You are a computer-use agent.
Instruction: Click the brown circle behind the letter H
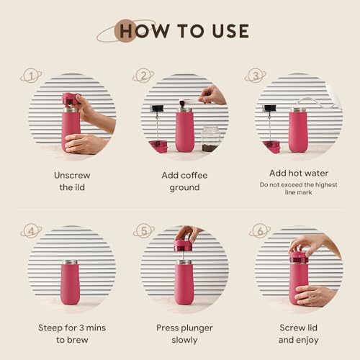tap(125, 31)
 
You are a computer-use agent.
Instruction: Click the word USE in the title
tap(230, 31)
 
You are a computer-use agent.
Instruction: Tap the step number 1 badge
tap(31, 76)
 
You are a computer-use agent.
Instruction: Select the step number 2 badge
tap(143, 76)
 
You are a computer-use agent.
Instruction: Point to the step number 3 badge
tap(256, 76)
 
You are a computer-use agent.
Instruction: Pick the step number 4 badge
tap(31, 231)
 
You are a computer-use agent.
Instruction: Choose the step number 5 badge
tap(144, 231)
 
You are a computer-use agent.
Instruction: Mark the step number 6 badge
tap(260, 231)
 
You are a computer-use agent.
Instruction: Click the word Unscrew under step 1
tap(72, 175)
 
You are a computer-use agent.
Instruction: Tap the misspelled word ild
tap(78, 187)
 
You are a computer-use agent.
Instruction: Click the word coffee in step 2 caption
tap(194, 175)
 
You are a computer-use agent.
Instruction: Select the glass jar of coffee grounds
tap(211, 139)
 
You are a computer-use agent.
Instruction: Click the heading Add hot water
tap(299, 173)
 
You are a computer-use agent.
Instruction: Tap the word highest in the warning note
tap(326, 185)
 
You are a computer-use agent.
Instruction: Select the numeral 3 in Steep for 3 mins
tap(81, 328)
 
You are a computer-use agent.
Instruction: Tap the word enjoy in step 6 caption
tap(308, 341)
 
